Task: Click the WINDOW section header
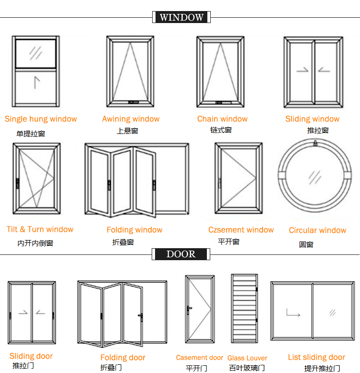point(181,17)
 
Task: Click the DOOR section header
point(180,254)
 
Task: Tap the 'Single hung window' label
point(41,119)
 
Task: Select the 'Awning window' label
point(131,119)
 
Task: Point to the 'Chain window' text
point(222,119)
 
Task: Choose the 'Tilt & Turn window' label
point(40,229)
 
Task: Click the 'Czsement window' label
point(241,230)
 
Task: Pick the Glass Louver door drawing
point(245,309)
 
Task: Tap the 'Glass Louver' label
point(247,358)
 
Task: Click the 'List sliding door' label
point(316,357)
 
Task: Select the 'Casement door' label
point(199,358)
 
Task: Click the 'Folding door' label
point(123,358)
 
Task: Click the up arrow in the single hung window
point(36,82)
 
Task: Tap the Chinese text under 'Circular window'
point(306,244)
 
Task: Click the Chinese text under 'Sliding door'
point(23,366)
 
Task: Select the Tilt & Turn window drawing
point(37,178)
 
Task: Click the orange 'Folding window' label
point(134,230)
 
